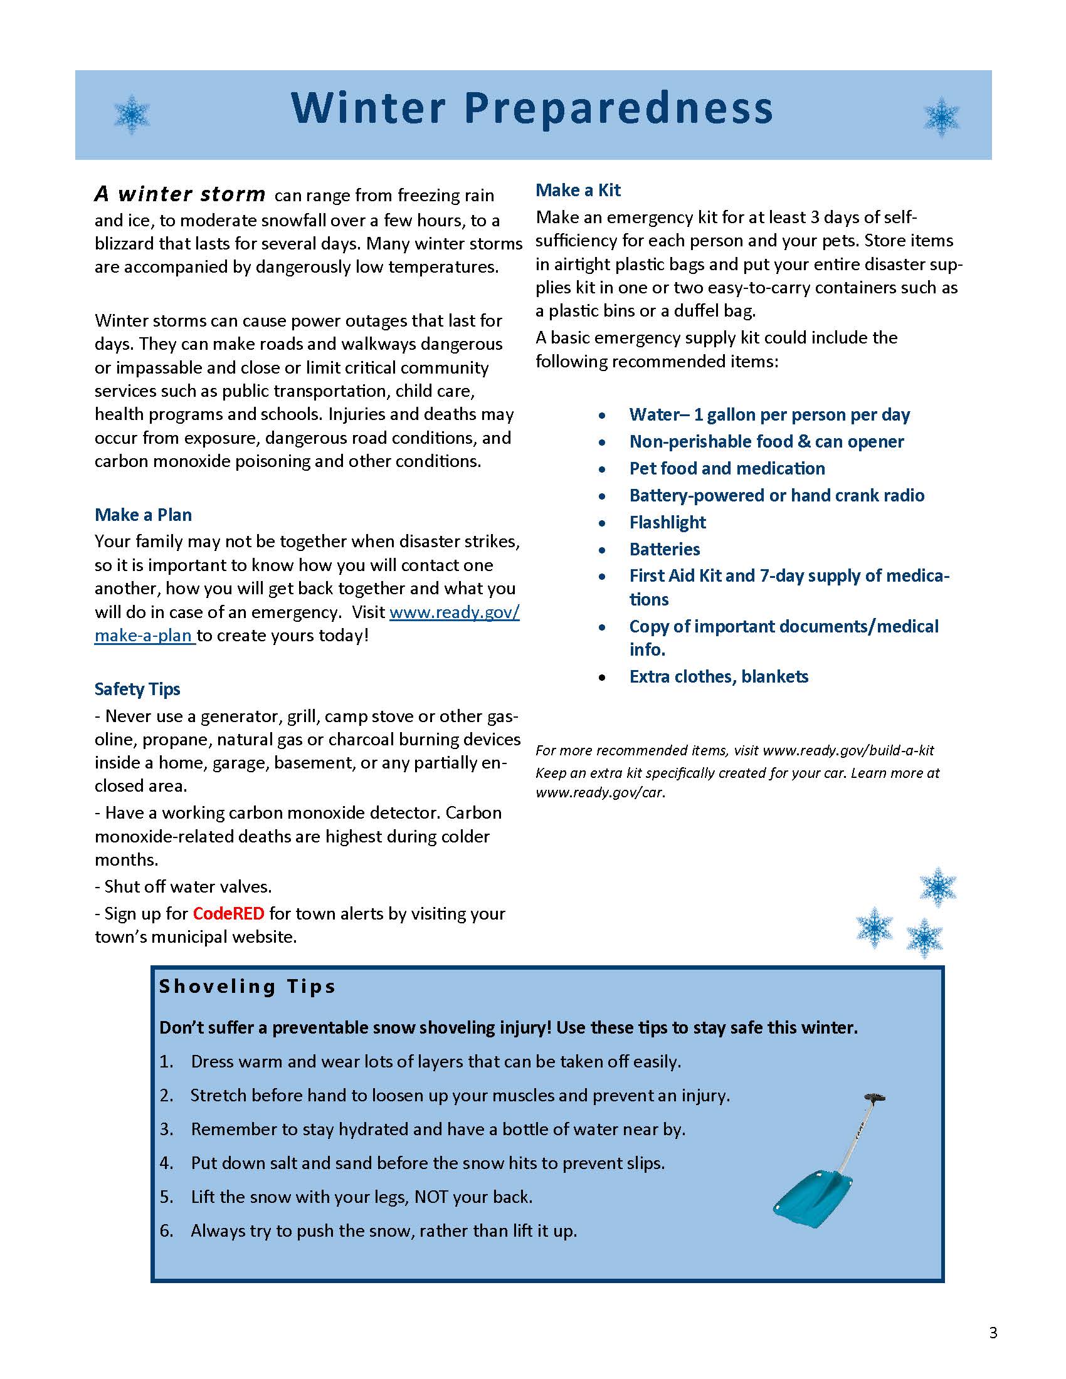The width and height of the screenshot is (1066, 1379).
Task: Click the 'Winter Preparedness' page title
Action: click(532, 108)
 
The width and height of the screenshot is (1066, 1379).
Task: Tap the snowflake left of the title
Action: click(132, 114)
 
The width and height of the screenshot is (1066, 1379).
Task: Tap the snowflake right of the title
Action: click(941, 117)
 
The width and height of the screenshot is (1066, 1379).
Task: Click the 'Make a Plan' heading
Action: click(144, 515)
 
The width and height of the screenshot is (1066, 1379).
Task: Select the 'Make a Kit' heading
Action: click(578, 190)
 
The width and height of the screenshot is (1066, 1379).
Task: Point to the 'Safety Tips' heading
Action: click(137, 689)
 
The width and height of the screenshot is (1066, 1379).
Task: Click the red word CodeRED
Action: click(229, 914)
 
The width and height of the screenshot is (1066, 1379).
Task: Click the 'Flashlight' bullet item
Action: click(668, 522)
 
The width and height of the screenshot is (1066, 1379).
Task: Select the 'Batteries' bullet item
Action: click(664, 549)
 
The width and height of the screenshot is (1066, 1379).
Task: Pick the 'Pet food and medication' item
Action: click(727, 468)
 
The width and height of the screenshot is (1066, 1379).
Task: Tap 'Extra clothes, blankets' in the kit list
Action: click(719, 677)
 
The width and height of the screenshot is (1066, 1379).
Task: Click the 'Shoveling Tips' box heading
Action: click(247, 986)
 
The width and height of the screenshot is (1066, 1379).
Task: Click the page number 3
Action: click(993, 1333)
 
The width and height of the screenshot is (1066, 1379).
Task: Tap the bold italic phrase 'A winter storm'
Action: click(180, 194)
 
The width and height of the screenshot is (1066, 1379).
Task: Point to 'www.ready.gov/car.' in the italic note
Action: click(601, 792)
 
